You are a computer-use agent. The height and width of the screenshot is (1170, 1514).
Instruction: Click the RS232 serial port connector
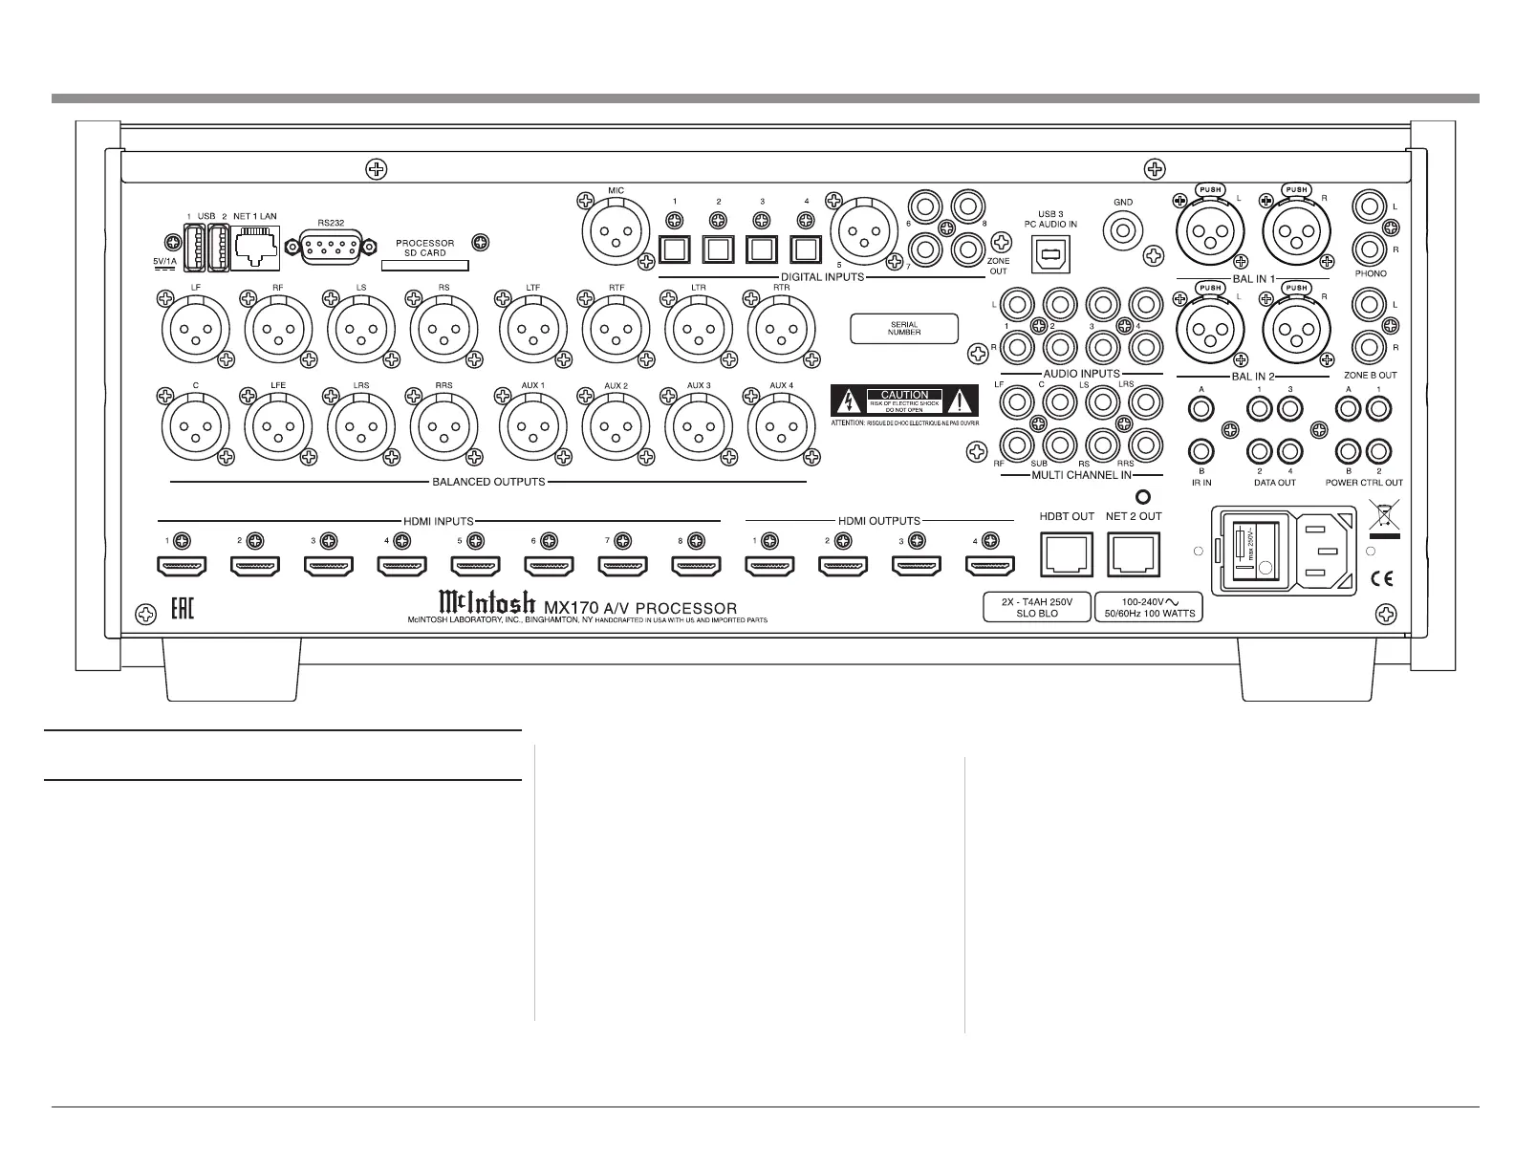[x=330, y=248]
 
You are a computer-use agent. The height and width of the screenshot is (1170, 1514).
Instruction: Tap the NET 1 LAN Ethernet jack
[x=254, y=247]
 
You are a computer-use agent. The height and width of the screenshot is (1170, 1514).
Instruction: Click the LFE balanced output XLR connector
[x=278, y=427]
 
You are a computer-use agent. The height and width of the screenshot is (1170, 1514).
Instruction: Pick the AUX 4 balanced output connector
[x=782, y=427]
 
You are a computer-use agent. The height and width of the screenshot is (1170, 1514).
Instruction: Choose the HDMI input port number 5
[x=475, y=566]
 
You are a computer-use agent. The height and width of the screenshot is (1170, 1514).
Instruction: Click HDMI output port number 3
[x=916, y=566]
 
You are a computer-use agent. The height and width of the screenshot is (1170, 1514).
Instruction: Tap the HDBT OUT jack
[x=1066, y=553]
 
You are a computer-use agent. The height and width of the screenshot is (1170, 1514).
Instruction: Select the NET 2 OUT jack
[x=1133, y=553]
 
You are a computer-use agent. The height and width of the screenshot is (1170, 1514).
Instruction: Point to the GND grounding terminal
[x=1122, y=230]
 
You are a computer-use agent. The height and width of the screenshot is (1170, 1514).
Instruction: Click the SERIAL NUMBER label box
[x=903, y=329]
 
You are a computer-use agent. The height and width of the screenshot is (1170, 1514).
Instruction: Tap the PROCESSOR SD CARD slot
[x=425, y=267]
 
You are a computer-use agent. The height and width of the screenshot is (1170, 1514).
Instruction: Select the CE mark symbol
[x=1381, y=577]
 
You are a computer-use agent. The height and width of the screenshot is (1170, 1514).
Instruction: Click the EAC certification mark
[x=182, y=609]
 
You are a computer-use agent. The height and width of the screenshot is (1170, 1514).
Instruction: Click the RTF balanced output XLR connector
[x=616, y=328]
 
